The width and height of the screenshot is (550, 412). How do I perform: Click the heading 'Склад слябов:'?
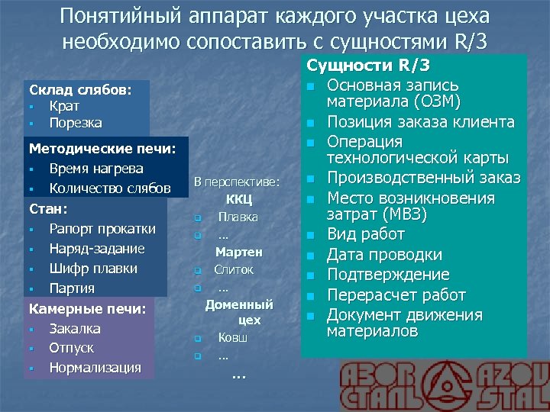[x=79, y=89]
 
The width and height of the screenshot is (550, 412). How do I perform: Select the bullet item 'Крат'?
[x=64, y=106]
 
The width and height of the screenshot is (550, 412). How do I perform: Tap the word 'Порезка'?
[x=76, y=123]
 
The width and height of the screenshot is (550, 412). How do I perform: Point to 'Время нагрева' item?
[x=96, y=168]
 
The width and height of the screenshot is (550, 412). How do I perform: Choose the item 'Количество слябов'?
[x=110, y=188]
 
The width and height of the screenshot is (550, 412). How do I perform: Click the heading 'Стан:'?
[x=48, y=208]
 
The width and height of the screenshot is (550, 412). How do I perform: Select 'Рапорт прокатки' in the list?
[x=102, y=228]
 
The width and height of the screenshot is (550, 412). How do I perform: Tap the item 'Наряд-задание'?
[x=97, y=248]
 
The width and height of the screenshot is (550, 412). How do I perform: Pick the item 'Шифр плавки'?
[x=93, y=268]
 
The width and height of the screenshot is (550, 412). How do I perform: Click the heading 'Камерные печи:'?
[x=86, y=308]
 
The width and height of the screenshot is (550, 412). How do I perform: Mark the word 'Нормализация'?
[x=95, y=368]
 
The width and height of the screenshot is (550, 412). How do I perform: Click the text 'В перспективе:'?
[x=237, y=182]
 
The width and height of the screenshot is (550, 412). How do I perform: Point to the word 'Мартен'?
[x=238, y=251]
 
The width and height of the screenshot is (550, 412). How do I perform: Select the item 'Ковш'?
[x=232, y=336]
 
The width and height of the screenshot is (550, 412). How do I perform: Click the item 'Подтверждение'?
[x=388, y=275]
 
